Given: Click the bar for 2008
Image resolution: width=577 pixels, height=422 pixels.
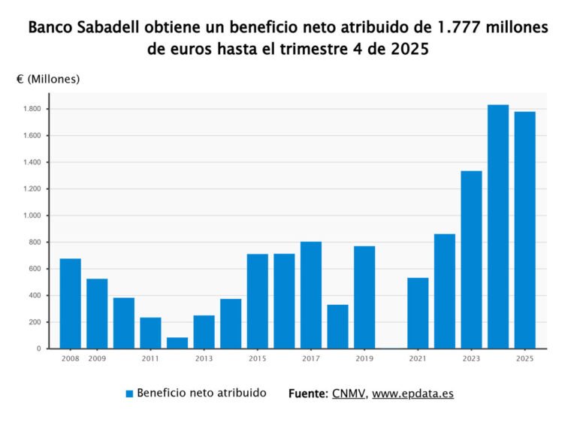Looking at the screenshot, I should pyautogui.click(x=70, y=303).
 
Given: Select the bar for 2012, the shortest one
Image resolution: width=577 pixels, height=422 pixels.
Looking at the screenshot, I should pyautogui.click(x=177, y=342).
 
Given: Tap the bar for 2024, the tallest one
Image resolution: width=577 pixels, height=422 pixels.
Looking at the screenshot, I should pyautogui.click(x=498, y=226).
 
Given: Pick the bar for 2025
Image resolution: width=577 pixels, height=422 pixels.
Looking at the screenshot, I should pyautogui.click(x=525, y=230).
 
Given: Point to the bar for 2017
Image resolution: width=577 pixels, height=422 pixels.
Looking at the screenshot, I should pyautogui.click(x=311, y=295).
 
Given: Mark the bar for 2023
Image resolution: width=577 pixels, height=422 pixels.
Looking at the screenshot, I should pyautogui.click(x=471, y=260).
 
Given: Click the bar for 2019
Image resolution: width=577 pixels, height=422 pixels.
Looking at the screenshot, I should pyautogui.click(x=364, y=297).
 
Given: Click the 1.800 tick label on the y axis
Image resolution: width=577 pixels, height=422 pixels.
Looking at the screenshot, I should pyautogui.click(x=31, y=109).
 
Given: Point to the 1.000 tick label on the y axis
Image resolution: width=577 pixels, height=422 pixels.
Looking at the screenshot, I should pyautogui.click(x=31, y=216).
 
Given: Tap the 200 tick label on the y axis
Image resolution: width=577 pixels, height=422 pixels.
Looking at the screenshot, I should pyautogui.click(x=35, y=322).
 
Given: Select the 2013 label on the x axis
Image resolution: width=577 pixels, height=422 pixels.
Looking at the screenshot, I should pyautogui.click(x=204, y=359).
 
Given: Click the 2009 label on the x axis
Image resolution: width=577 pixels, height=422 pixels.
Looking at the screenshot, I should pyautogui.click(x=97, y=359).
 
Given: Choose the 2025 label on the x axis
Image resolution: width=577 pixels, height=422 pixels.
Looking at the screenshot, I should pyautogui.click(x=525, y=359).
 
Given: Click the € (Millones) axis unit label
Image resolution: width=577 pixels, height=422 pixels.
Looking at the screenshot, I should pyautogui.click(x=48, y=79).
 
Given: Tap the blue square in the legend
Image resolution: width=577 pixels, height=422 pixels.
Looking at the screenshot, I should pyautogui.click(x=129, y=393).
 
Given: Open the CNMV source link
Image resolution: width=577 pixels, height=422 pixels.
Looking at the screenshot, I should pyautogui.click(x=349, y=393).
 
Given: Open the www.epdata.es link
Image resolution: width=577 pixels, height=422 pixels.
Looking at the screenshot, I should pyautogui.click(x=412, y=393).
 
